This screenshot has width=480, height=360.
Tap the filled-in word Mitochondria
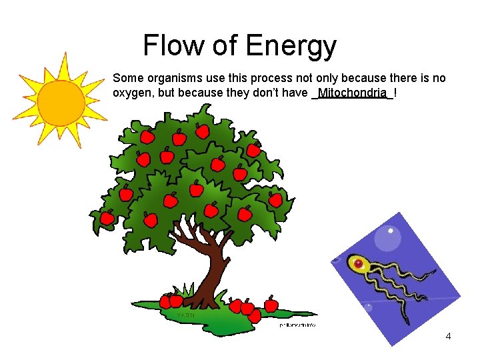coord(352,92)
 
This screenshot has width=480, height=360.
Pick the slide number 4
coord(448,336)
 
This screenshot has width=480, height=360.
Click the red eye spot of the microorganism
coord(359,265)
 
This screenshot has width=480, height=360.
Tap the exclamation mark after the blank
coord(396,92)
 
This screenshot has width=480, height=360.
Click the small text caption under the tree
coord(297,325)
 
